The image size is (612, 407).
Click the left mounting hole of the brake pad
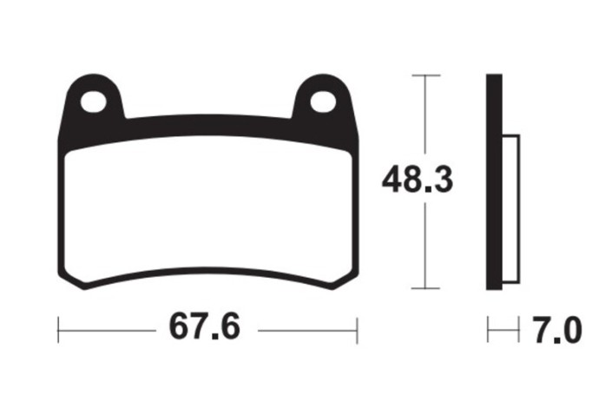pos(93,101)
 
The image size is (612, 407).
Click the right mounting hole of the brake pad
pos(322,102)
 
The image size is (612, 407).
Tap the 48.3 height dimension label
pos(418,182)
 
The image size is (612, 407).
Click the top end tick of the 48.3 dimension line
pos(424,75)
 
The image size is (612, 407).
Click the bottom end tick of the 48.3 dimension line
pos(424,288)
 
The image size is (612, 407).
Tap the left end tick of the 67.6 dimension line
pos(57,330)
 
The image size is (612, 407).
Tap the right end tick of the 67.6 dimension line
pos(357,330)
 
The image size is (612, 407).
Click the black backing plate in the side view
pos(494,182)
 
